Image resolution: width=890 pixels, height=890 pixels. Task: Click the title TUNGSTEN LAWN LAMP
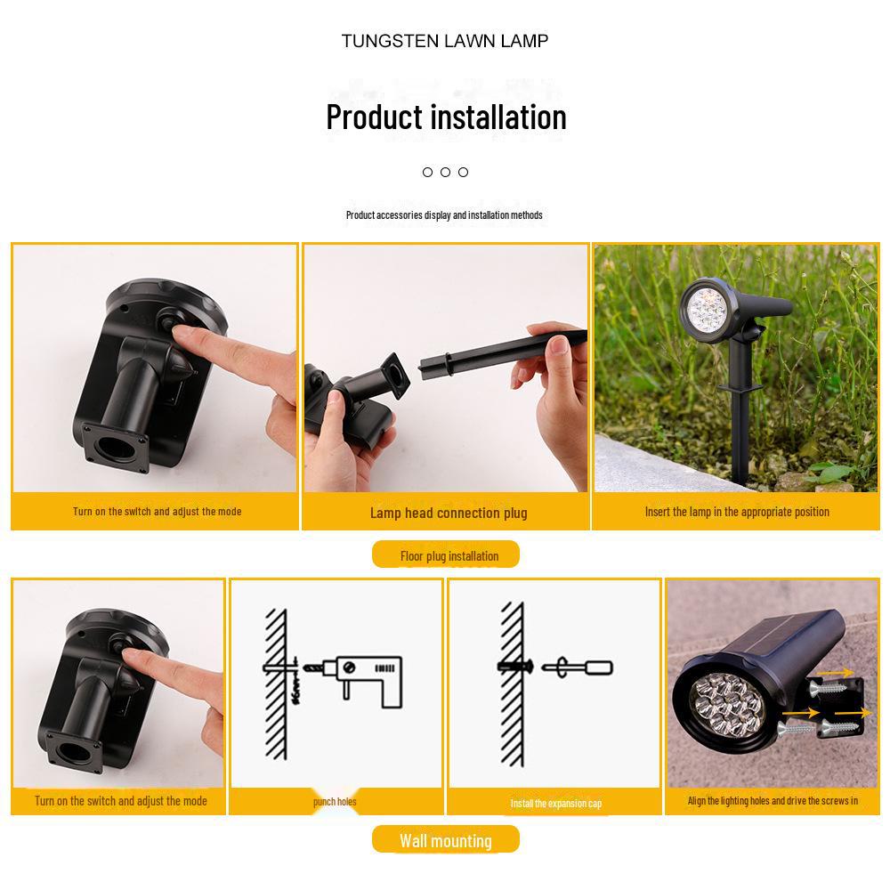[x=445, y=41]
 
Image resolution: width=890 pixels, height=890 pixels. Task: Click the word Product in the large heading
[x=374, y=117]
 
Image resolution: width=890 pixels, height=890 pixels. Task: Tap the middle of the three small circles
[x=445, y=172]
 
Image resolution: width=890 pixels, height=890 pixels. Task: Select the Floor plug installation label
[x=446, y=556]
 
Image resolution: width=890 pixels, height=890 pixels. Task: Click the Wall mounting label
[x=445, y=841]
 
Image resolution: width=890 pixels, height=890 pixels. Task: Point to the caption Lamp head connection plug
[x=449, y=513]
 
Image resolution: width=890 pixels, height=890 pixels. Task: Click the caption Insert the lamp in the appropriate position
[x=737, y=512]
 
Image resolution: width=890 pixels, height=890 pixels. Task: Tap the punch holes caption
[x=335, y=802]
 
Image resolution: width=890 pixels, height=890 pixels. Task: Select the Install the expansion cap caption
[x=555, y=804]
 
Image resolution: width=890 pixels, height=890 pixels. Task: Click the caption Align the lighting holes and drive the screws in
[x=773, y=801]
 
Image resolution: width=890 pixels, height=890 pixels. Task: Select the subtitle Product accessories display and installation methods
[x=444, y=215]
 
